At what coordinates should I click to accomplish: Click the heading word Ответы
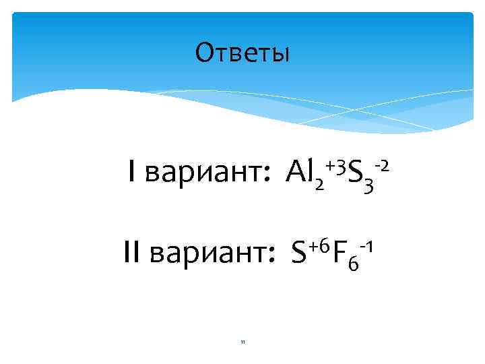[x=242, y=53]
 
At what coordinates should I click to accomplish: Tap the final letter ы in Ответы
[x=281, y=54]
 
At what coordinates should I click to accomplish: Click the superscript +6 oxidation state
[x=319, y=245]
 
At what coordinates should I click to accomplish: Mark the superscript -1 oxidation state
[x=366, y=245]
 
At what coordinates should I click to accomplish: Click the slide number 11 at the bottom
[x=242, y=342]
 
